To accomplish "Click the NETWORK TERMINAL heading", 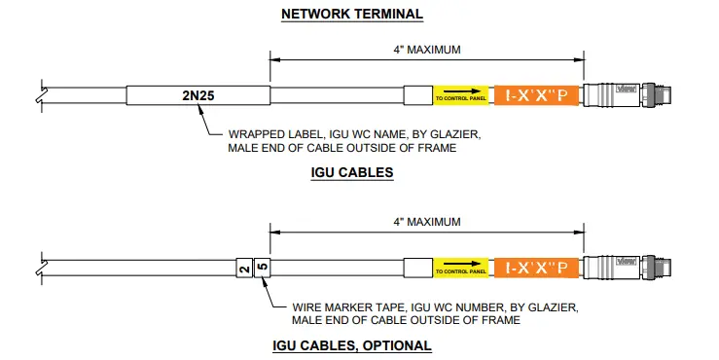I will (351, 15).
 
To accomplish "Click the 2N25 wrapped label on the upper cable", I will (199, 96).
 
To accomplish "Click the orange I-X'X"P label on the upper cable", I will (538, 96).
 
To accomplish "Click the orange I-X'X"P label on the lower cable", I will (538, 267).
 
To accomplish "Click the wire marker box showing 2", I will (244, 267).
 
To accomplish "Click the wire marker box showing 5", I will (261, 267).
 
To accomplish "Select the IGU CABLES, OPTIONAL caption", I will (351, 345).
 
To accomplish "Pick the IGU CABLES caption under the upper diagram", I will (351, 173).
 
